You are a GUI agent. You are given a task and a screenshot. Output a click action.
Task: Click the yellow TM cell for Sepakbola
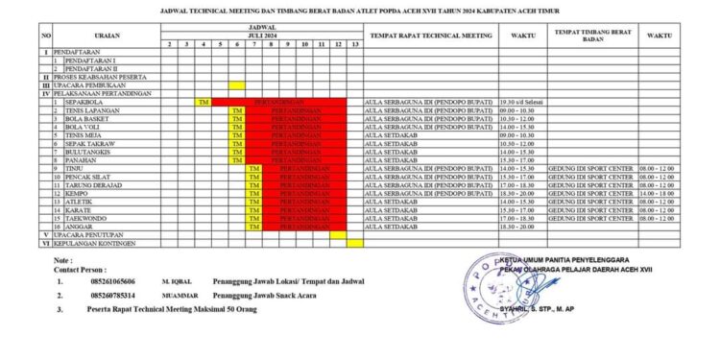pyautogui.click(x=203, y=102)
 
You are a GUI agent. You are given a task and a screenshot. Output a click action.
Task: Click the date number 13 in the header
pyautogui.click(x=355, y=44)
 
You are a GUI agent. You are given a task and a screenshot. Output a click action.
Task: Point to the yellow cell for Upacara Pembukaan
pyautogui.click(x=236, y=84)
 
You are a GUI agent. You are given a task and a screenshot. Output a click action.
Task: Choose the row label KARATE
pyautogui.click(x=78, y=210)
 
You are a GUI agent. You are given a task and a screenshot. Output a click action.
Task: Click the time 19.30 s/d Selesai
pyautogui.click(x=522, y=102)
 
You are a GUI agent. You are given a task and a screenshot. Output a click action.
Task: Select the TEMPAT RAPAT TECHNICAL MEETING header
pyautogui.click(x=430, y=36)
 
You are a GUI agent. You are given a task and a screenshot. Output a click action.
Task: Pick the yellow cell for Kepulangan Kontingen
pyautogui.click(x=355, y=243)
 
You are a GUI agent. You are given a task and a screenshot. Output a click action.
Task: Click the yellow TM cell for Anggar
pyautogui.click(x=253, y=227)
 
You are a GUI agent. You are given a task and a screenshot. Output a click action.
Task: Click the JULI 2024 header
pyautogui.click(x=261, y=36)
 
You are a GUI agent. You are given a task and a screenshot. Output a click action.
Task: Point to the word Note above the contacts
pyautogui.click(x=63, y=261)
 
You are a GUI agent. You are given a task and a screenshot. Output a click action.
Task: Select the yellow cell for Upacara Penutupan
pyautogui.click(x=338, y=235)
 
